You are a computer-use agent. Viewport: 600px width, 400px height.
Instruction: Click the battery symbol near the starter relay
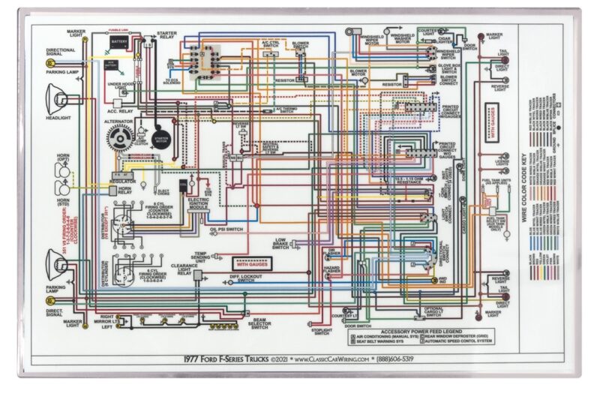[x=119, y=43]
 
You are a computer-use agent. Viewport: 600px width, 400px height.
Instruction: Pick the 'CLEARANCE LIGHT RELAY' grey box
[x=196, y=275]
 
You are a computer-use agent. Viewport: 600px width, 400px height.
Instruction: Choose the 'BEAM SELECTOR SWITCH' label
[x=259, y=323]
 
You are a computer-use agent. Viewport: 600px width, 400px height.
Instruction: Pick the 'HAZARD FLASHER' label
[x=332, y=271]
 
